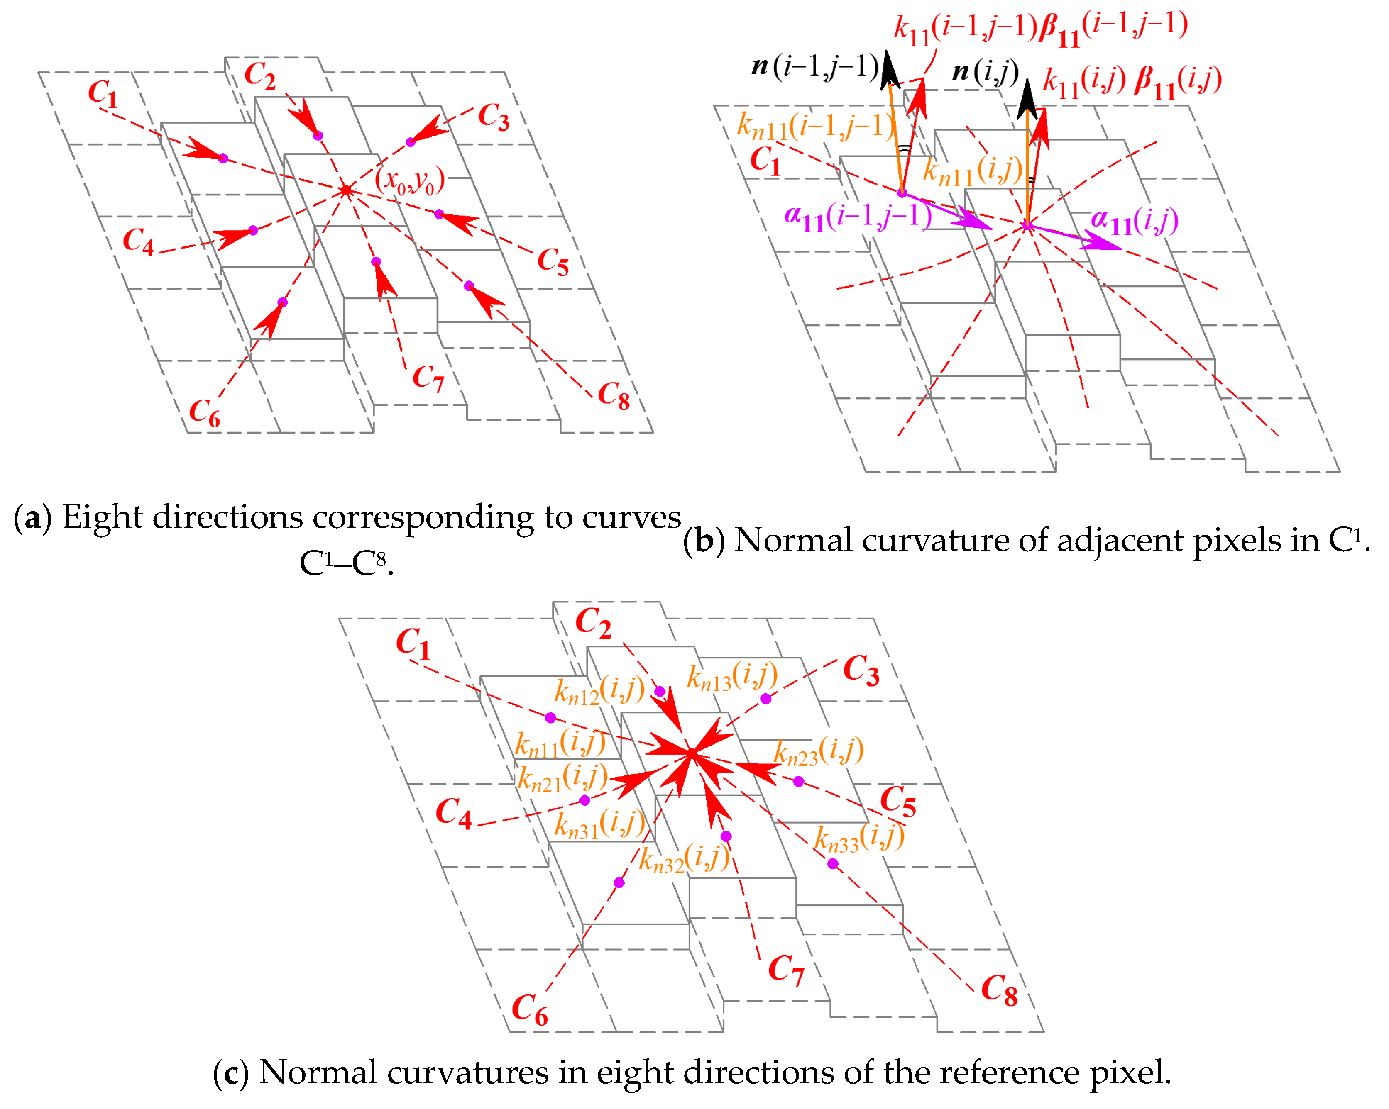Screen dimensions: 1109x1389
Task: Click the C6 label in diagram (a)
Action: click(x=204, y=413)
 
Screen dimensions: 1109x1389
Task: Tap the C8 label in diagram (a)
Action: click(x=613, y=395)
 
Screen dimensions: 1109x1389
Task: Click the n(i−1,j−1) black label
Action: click(x=815, y=67)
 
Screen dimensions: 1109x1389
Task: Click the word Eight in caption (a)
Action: click(x=102, y=517)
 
